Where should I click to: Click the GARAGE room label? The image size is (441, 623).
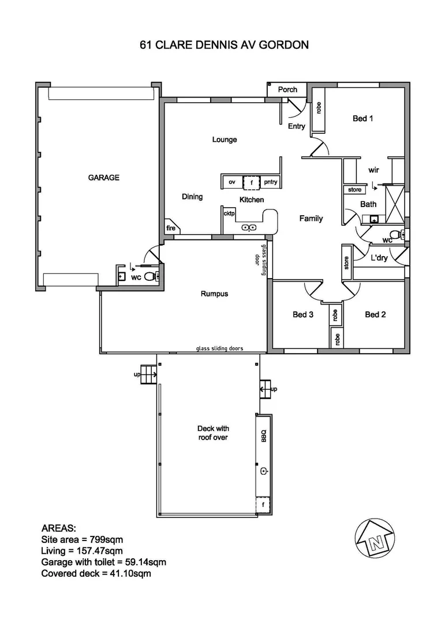click(103, 178)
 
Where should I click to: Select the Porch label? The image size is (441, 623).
click(287, 89)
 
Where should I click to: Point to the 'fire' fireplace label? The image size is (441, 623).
click(171, 228)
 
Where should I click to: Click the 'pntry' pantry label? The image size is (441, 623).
click(270, 182)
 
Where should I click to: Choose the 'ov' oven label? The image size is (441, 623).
click(232, 182)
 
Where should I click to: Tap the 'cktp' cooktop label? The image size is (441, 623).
click(229, 213)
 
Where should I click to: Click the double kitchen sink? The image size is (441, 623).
click(249, 227)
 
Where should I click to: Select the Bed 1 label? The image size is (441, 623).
click(363, 118)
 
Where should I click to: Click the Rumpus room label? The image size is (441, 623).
click(214, 294)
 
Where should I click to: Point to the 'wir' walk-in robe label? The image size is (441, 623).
click(373, 170)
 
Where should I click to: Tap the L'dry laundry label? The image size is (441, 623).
click(379, 258)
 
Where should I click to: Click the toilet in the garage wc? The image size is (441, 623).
click(150, 276)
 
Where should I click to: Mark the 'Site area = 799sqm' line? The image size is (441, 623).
click(82, 539)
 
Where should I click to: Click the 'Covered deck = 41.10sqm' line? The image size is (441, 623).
click(96, 573)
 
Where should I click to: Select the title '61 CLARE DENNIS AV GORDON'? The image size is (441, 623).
click(224, 44)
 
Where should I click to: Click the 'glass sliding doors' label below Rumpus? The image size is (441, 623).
click(219, 348)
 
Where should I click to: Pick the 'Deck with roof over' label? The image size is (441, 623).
click(214, 433)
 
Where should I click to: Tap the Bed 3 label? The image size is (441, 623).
click(302, 314)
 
